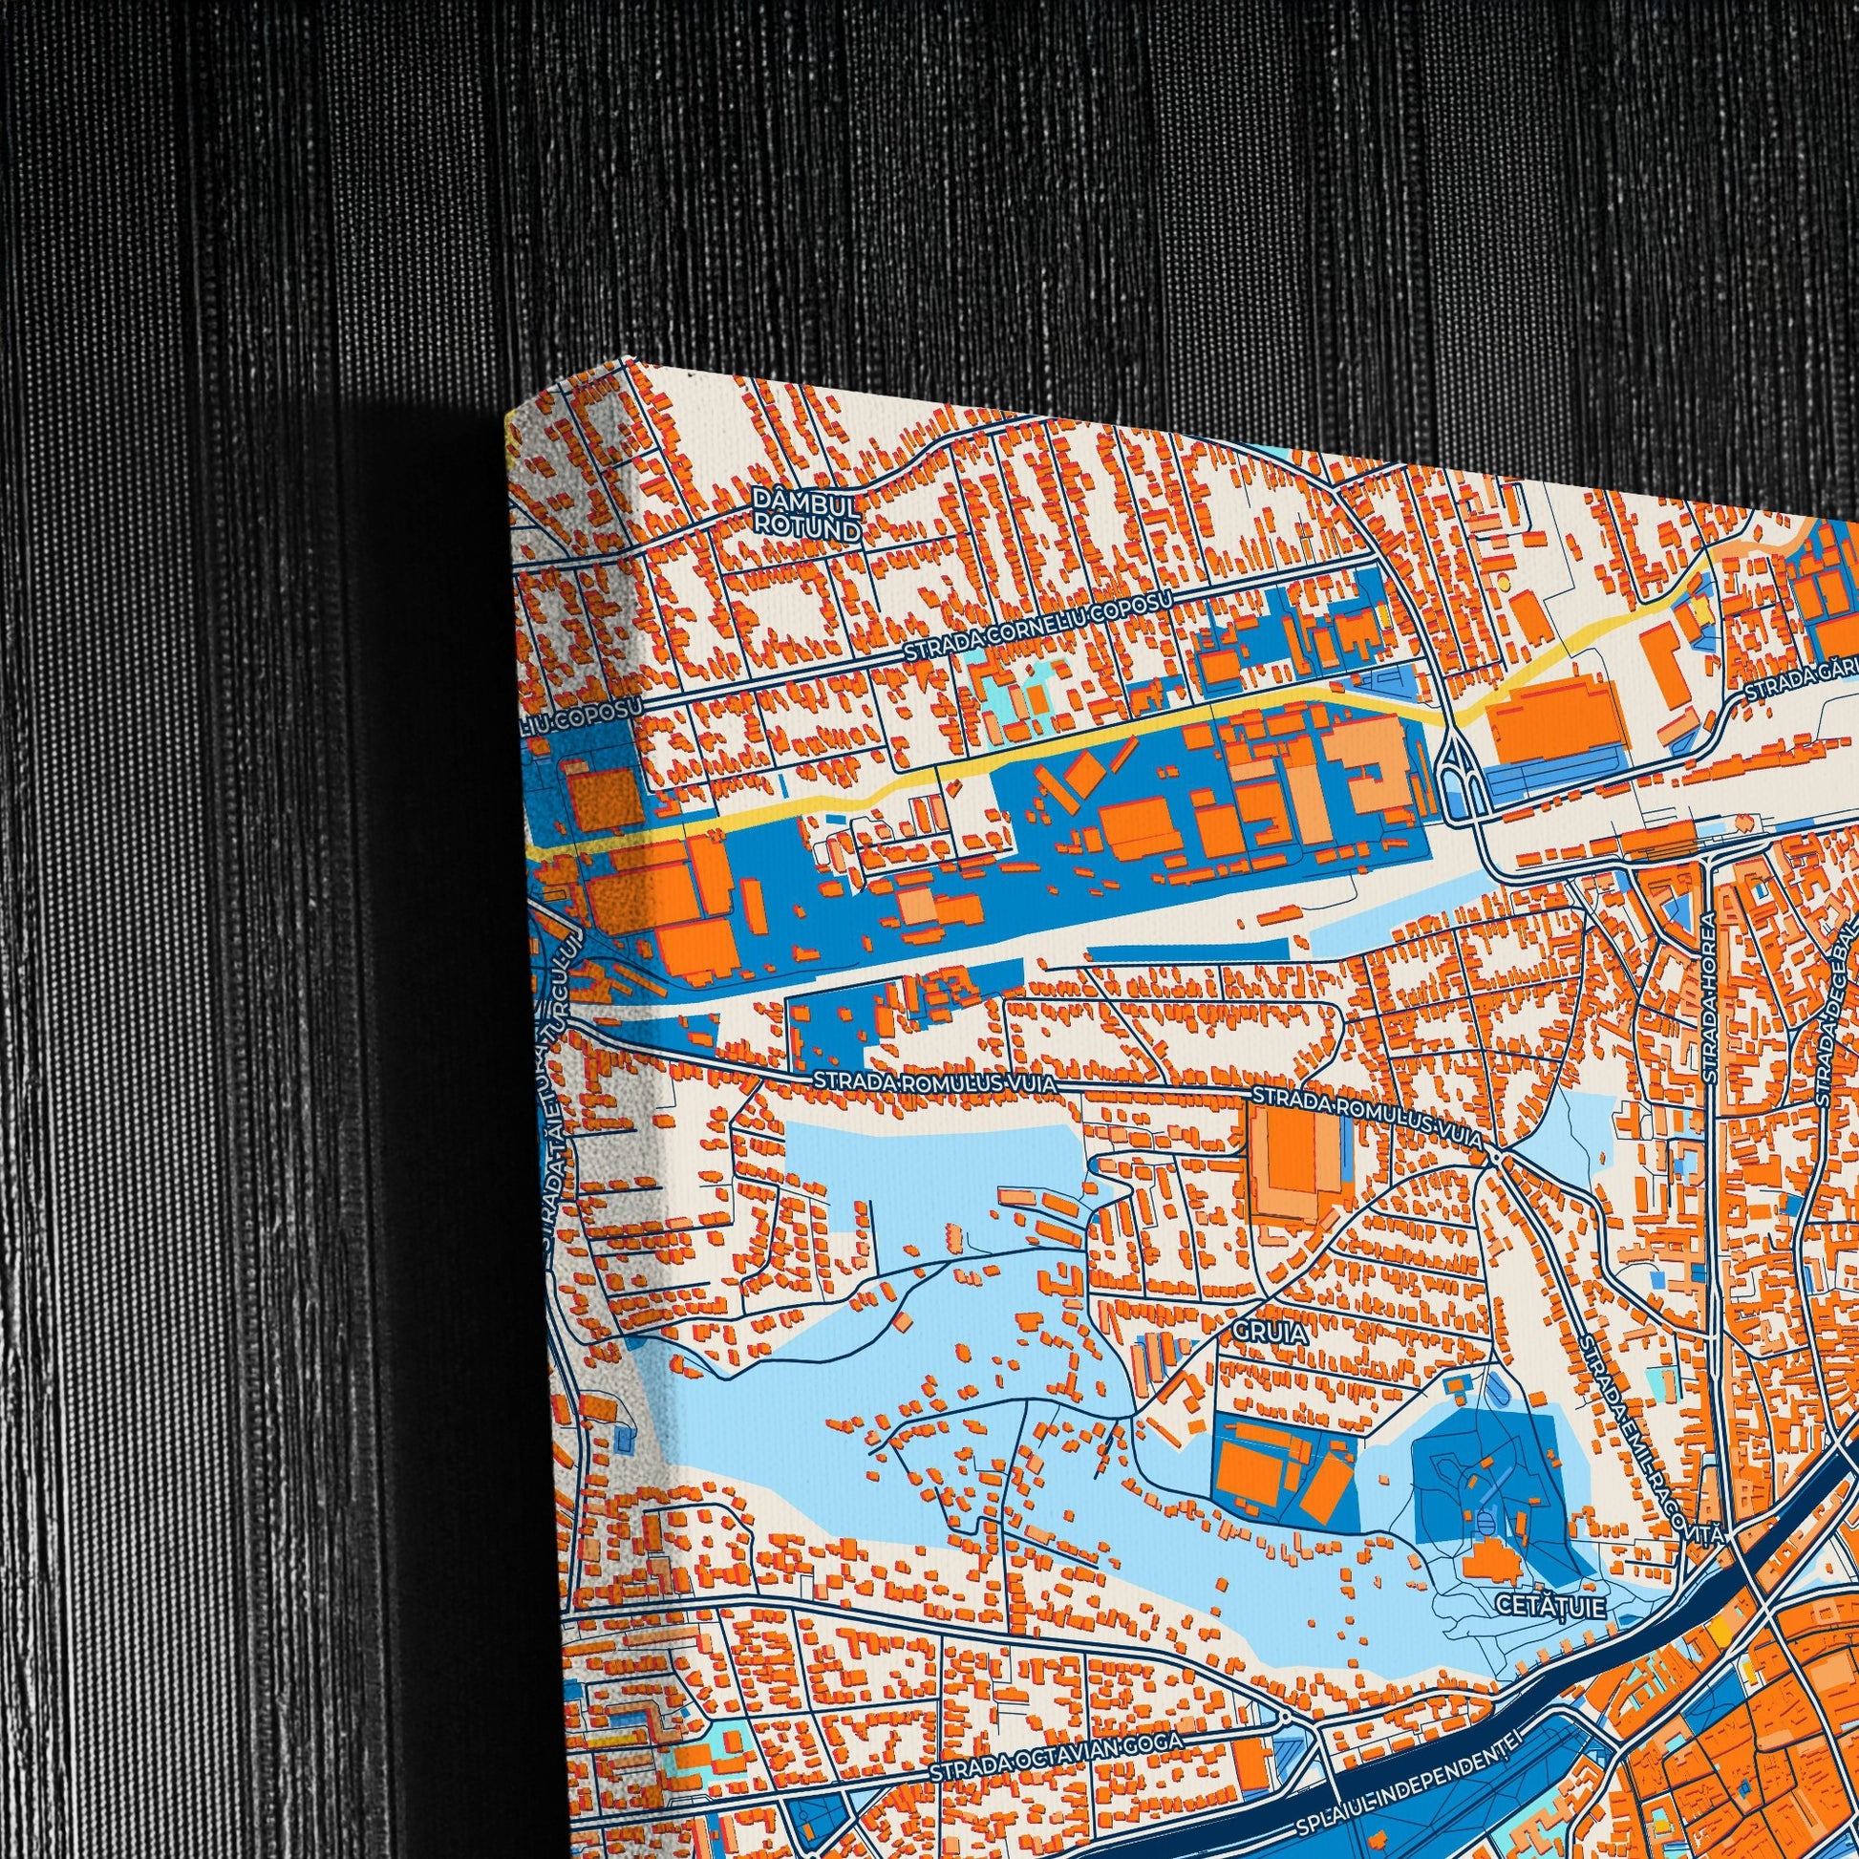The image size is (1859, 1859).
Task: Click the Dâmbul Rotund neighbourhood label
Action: click(805, 515)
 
